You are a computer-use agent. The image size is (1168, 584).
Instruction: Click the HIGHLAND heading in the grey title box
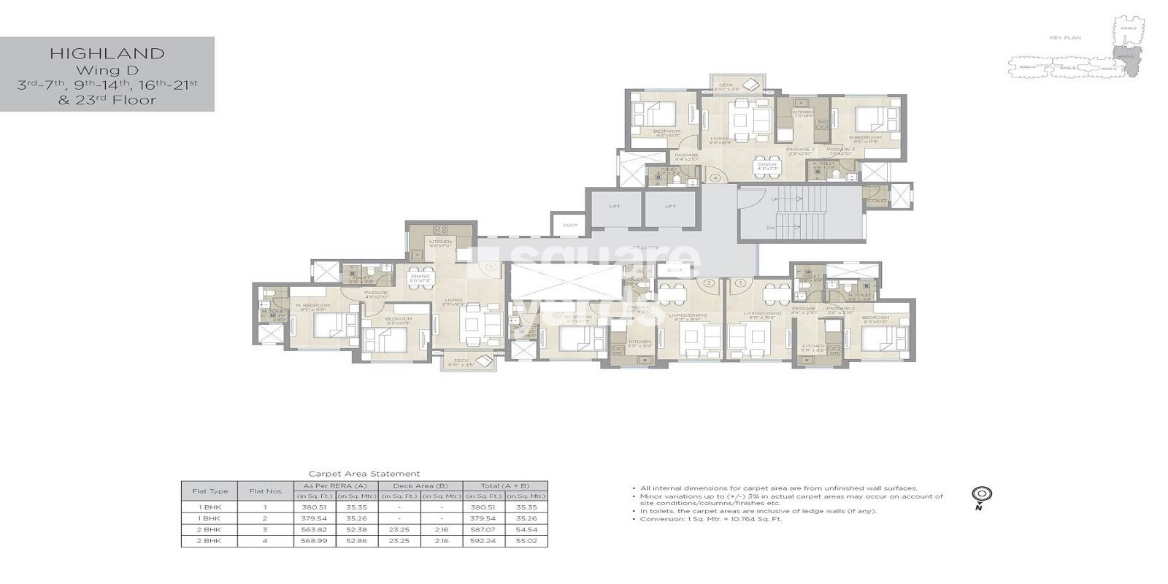coord(107,53)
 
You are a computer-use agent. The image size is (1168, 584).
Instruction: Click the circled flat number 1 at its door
coord(741,283)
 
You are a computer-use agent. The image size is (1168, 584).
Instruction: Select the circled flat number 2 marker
coord(707,283)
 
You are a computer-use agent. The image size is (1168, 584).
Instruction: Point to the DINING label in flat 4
coord(767,164)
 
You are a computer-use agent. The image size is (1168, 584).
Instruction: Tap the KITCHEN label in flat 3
coord(440,242)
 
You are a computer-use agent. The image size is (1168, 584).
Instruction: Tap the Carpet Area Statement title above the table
coord(364,474)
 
